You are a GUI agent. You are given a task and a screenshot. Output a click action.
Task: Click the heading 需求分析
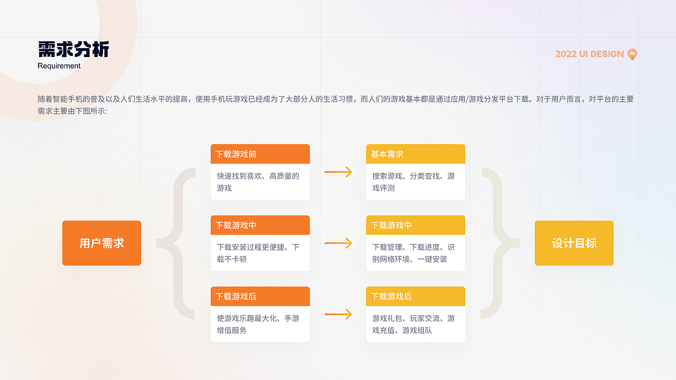[73, 50]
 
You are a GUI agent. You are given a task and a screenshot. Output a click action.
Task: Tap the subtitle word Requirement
[59, 66]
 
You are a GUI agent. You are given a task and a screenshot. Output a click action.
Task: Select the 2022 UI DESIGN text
[589, 54]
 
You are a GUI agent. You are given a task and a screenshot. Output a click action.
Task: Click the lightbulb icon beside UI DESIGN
[632, 54]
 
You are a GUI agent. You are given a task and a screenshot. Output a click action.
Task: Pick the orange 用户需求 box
[101, 243]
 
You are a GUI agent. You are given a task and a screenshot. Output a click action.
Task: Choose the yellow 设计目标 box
[574, 243]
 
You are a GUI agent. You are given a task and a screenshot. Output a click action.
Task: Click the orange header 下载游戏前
[260, 154]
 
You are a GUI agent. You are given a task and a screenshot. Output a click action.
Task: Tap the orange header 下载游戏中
[260, 225]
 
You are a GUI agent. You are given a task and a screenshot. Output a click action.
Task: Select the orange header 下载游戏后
[260, 297]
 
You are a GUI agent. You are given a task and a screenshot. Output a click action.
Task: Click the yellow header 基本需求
[415, 154]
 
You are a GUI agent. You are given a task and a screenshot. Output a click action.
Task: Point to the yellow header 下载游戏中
[415, 225]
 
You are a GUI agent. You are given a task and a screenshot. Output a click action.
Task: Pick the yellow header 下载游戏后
[415, 297]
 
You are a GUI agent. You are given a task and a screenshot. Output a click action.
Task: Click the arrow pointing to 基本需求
[338, 172]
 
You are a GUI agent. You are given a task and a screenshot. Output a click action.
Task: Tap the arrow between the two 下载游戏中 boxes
[338, 243]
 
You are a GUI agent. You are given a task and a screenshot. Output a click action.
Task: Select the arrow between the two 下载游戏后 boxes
[338, 314]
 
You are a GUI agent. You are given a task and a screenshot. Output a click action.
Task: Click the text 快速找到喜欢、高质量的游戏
[258, 182]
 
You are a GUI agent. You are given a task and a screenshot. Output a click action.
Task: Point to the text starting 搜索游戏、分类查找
[413, 182]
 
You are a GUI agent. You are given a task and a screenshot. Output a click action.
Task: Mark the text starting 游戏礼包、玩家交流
[413, 324]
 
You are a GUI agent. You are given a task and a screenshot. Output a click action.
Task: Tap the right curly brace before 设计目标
[496, 243]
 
